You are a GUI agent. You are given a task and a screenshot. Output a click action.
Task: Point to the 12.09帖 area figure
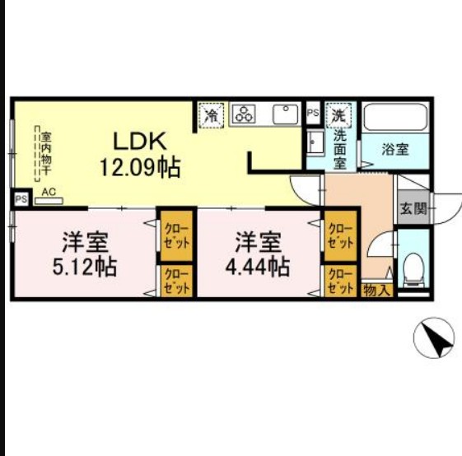140,167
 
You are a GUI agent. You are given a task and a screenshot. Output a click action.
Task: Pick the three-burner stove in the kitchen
245,114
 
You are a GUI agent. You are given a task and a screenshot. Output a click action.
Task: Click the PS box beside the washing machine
313,113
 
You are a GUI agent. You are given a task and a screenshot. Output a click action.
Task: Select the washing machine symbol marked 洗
339,114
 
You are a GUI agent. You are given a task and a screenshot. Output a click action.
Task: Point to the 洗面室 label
340,147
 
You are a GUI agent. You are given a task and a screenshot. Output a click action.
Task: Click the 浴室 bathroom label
394,150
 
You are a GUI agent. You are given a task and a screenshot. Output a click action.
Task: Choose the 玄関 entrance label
413,208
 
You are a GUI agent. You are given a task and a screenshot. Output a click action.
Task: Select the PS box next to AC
20,198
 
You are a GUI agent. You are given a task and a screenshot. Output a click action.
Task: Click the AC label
49,192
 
